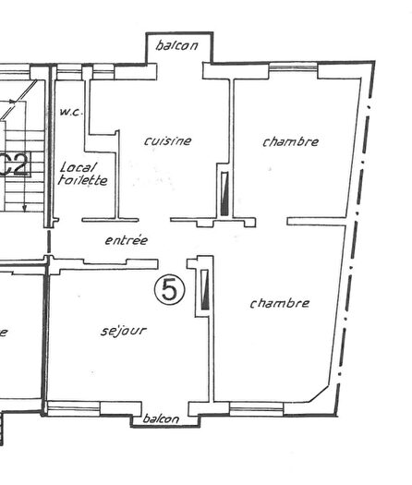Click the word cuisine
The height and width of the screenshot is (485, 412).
[x=168, y=141]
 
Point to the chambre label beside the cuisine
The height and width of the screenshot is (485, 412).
[x=290, y=142]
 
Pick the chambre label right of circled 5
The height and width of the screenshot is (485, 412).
[x=279, y=303]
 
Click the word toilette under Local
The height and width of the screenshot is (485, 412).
[x=82, y=181]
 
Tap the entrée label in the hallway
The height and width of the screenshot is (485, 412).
[x=126, y=240]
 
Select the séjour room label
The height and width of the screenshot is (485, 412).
[x=123, y=330]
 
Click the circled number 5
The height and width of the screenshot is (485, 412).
[x=170, y=290]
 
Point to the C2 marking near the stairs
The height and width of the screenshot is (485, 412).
[x=17, y=166]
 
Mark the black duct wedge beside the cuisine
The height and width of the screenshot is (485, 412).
[x=224, y=194]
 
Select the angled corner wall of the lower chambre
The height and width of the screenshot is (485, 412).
[x=320, y=394]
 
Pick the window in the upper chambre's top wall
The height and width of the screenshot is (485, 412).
[x=292, y=67]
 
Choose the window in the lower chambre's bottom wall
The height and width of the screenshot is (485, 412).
[x=256, y=407]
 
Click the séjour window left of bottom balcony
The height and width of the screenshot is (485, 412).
[x=74, y=407]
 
